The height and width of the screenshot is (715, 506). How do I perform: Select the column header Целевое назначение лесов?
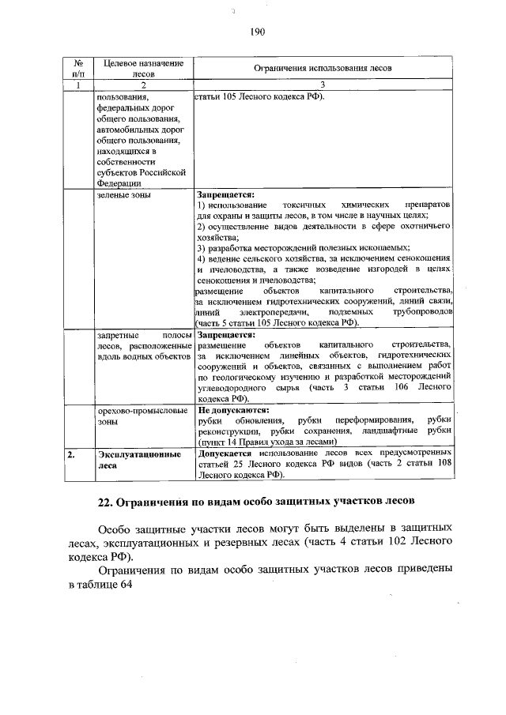(x=138, y=68)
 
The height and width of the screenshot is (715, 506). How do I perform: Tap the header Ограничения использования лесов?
(x=323, y=69)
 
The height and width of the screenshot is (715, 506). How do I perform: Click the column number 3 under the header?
(x=323, y=85)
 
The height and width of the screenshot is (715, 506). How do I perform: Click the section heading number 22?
(x=106, y=503)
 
